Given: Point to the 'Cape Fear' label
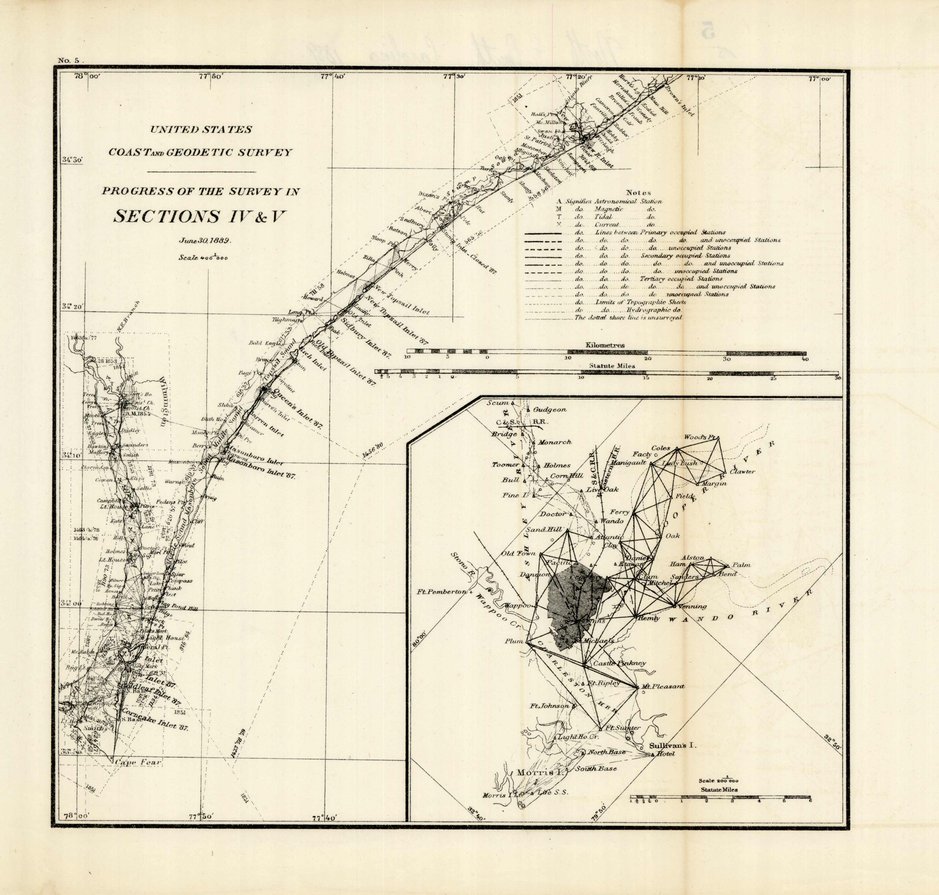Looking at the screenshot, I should click(138, 762).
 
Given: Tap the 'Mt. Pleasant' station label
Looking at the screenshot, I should click(663, 686).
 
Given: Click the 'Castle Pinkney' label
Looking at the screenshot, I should click(619, 663).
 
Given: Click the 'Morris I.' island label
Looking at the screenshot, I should click(532, 772).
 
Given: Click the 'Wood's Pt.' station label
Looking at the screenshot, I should click(701, 437).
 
